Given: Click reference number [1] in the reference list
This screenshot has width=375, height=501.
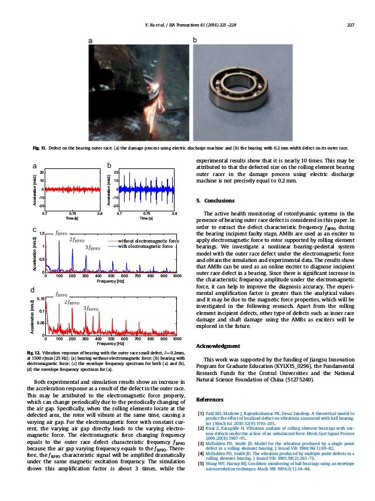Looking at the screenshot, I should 201,416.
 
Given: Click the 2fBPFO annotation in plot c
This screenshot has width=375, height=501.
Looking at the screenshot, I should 77,240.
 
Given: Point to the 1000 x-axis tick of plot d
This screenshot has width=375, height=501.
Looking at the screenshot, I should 177,340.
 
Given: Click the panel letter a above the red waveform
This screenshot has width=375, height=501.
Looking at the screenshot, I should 34,166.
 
